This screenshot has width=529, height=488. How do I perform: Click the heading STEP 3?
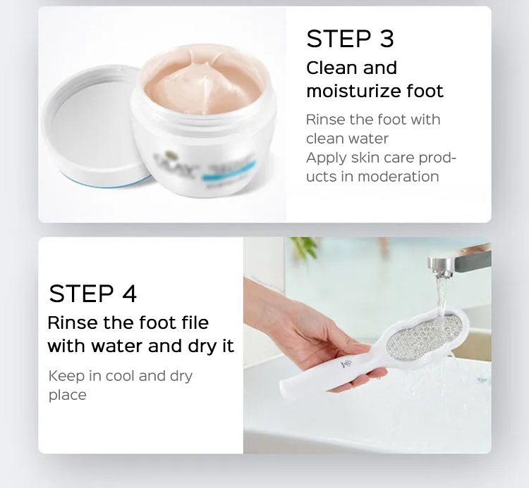pos(350,39)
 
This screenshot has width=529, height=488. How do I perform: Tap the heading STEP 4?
pos(93,294)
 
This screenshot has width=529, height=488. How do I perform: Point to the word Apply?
pos(327,158)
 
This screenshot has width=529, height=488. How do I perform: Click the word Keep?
pos(66,375)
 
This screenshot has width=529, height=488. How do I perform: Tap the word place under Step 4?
pos(68,395)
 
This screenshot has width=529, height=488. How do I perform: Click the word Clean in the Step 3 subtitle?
pos(327,68)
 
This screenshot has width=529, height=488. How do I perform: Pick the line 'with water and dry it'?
pos(140,346)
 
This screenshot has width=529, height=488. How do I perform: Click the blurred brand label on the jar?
pos(202,168)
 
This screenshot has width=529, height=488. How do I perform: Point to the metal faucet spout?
pos(459,262)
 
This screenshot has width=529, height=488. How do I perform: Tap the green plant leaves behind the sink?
pos(305,248)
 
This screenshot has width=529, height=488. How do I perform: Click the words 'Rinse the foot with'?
pos(373,120)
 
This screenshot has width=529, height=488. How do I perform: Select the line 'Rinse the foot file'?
pos(128,323)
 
